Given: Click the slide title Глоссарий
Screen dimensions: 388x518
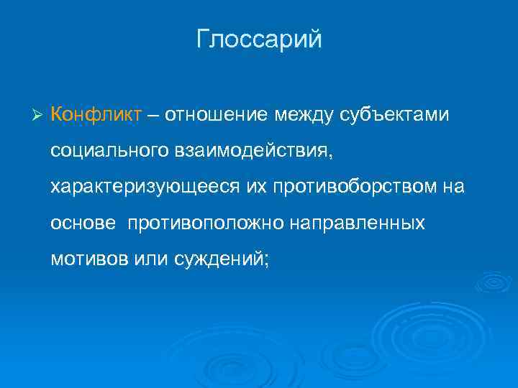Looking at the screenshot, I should (259, 40).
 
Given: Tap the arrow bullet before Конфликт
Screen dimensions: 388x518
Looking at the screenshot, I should (40, 115).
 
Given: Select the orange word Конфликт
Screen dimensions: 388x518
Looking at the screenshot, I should (96, 114).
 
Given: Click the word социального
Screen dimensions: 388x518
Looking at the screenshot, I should (108, 151).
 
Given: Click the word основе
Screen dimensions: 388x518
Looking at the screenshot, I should (83, 223).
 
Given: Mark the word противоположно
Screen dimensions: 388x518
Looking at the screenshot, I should (207, 223).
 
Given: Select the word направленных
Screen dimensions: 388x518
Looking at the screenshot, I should (358, 223).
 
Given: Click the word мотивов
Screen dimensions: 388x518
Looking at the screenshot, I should (89, 259).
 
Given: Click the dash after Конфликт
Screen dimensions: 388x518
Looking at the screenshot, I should (155, 115).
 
